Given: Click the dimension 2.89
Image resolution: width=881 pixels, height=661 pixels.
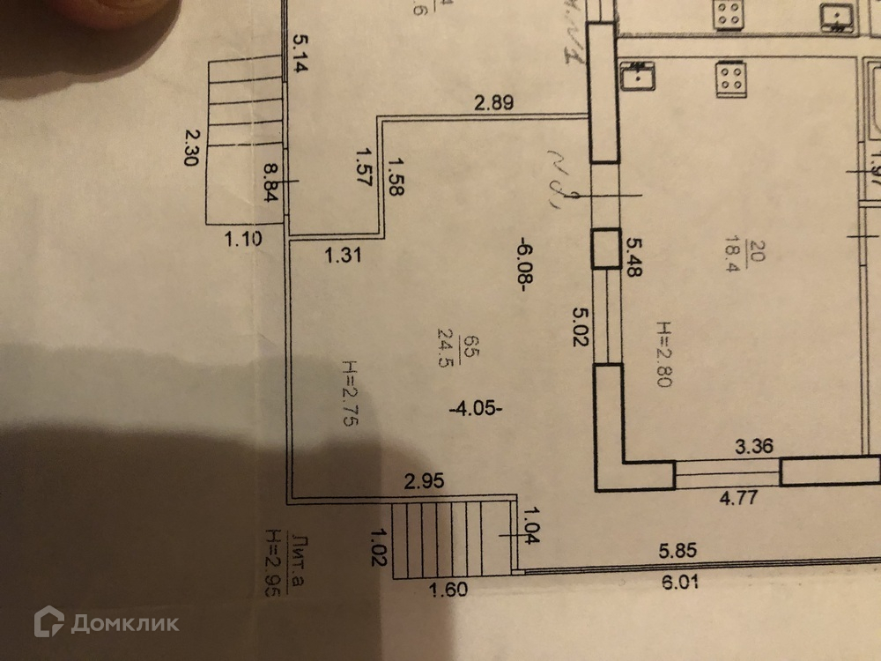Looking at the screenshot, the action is (x=493, y=102).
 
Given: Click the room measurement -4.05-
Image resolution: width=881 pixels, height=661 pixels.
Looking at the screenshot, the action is (x=476, y=408).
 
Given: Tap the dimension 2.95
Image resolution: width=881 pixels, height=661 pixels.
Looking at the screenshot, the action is (x=423, y=481).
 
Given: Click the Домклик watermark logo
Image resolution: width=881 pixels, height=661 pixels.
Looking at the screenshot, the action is (x=107, y=623).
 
